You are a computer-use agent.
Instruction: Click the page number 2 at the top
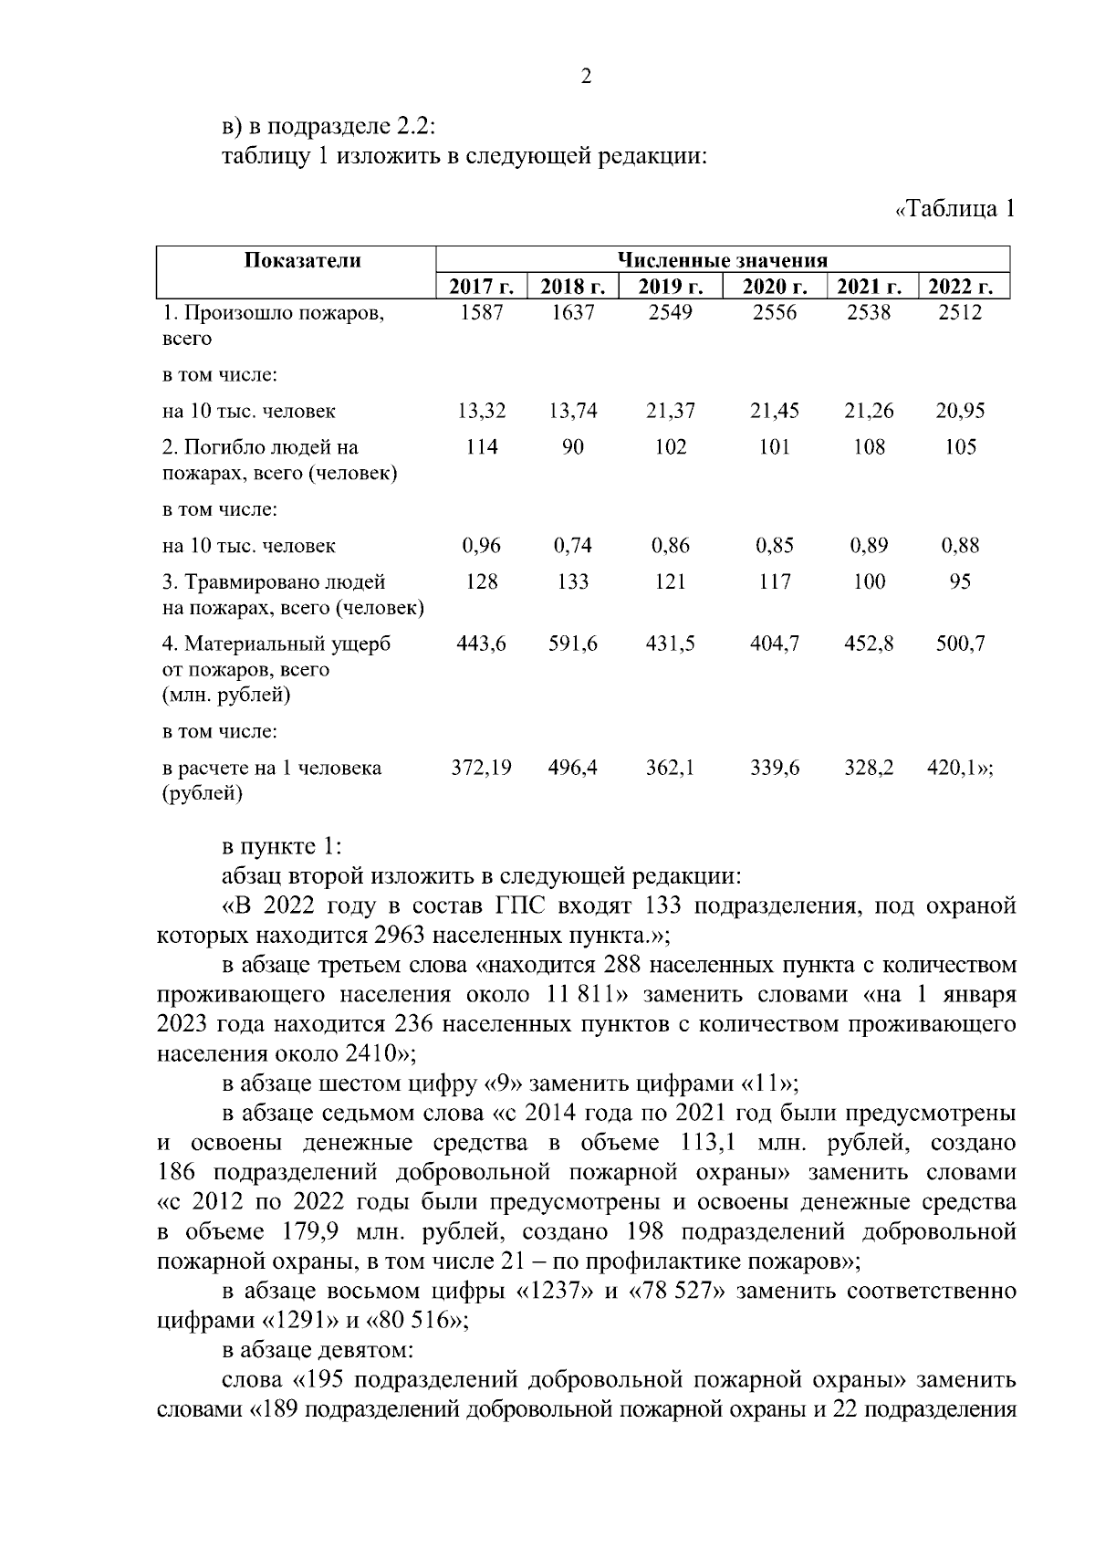(586, 77)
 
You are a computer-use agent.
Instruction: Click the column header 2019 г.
(670, 287)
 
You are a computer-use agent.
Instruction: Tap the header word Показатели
(302, 260)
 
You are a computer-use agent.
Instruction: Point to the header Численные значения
(722, 260)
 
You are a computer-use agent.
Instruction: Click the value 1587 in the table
(481, 313)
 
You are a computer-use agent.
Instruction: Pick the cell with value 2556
(774, 313)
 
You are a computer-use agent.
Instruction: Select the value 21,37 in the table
(670, 411)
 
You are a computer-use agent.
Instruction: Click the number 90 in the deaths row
(572, 447)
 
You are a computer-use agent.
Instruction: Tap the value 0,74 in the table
(572, 546)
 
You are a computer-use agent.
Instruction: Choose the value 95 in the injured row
(959, 581)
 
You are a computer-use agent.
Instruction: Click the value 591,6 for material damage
(572, 644)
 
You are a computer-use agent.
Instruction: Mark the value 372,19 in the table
(481, 768)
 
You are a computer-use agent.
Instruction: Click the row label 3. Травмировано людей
(274, 581)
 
